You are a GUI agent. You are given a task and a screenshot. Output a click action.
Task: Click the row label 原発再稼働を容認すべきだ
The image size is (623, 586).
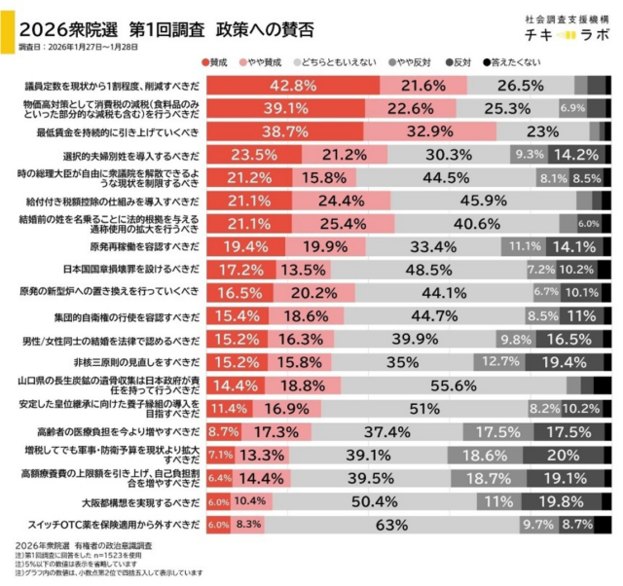tap(141, 246)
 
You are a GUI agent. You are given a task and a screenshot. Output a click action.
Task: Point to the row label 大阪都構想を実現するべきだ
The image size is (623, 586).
tap(141, 502)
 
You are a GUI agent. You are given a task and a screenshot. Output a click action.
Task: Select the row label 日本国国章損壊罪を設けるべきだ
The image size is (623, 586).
tap(133, 269)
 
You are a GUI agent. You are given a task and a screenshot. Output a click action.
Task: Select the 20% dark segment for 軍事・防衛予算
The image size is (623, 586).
tap(564, 455)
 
